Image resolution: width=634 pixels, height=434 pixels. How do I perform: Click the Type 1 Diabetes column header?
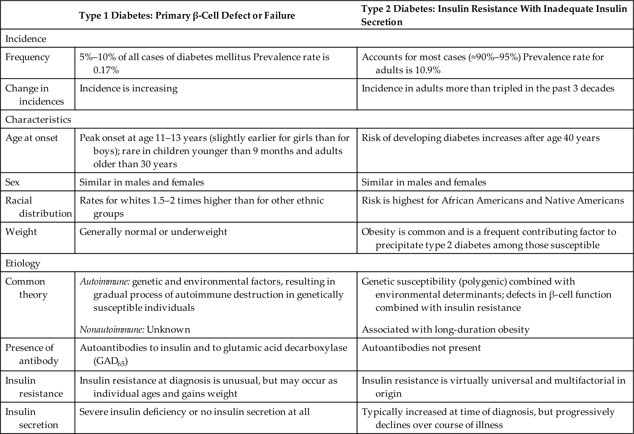coord(187,15)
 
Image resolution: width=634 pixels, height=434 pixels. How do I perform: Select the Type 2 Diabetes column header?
coord(494,15)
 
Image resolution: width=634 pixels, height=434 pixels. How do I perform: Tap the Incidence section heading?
coord(26,39)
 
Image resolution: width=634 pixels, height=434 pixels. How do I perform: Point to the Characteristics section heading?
coord(38,119)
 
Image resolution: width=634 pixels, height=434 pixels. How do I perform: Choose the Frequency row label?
coord(27,57)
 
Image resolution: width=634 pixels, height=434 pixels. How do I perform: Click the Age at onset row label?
coord(32,138)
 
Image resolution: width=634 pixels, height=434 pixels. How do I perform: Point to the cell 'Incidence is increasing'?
coord(128,88)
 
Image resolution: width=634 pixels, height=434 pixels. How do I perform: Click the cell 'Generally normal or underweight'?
coord(153,232)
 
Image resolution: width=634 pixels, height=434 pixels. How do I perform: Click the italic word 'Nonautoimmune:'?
coord(112,330)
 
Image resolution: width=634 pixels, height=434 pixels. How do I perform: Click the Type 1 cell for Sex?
coord(142,182)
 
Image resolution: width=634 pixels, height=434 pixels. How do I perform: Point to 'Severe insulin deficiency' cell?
coord(194,412)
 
